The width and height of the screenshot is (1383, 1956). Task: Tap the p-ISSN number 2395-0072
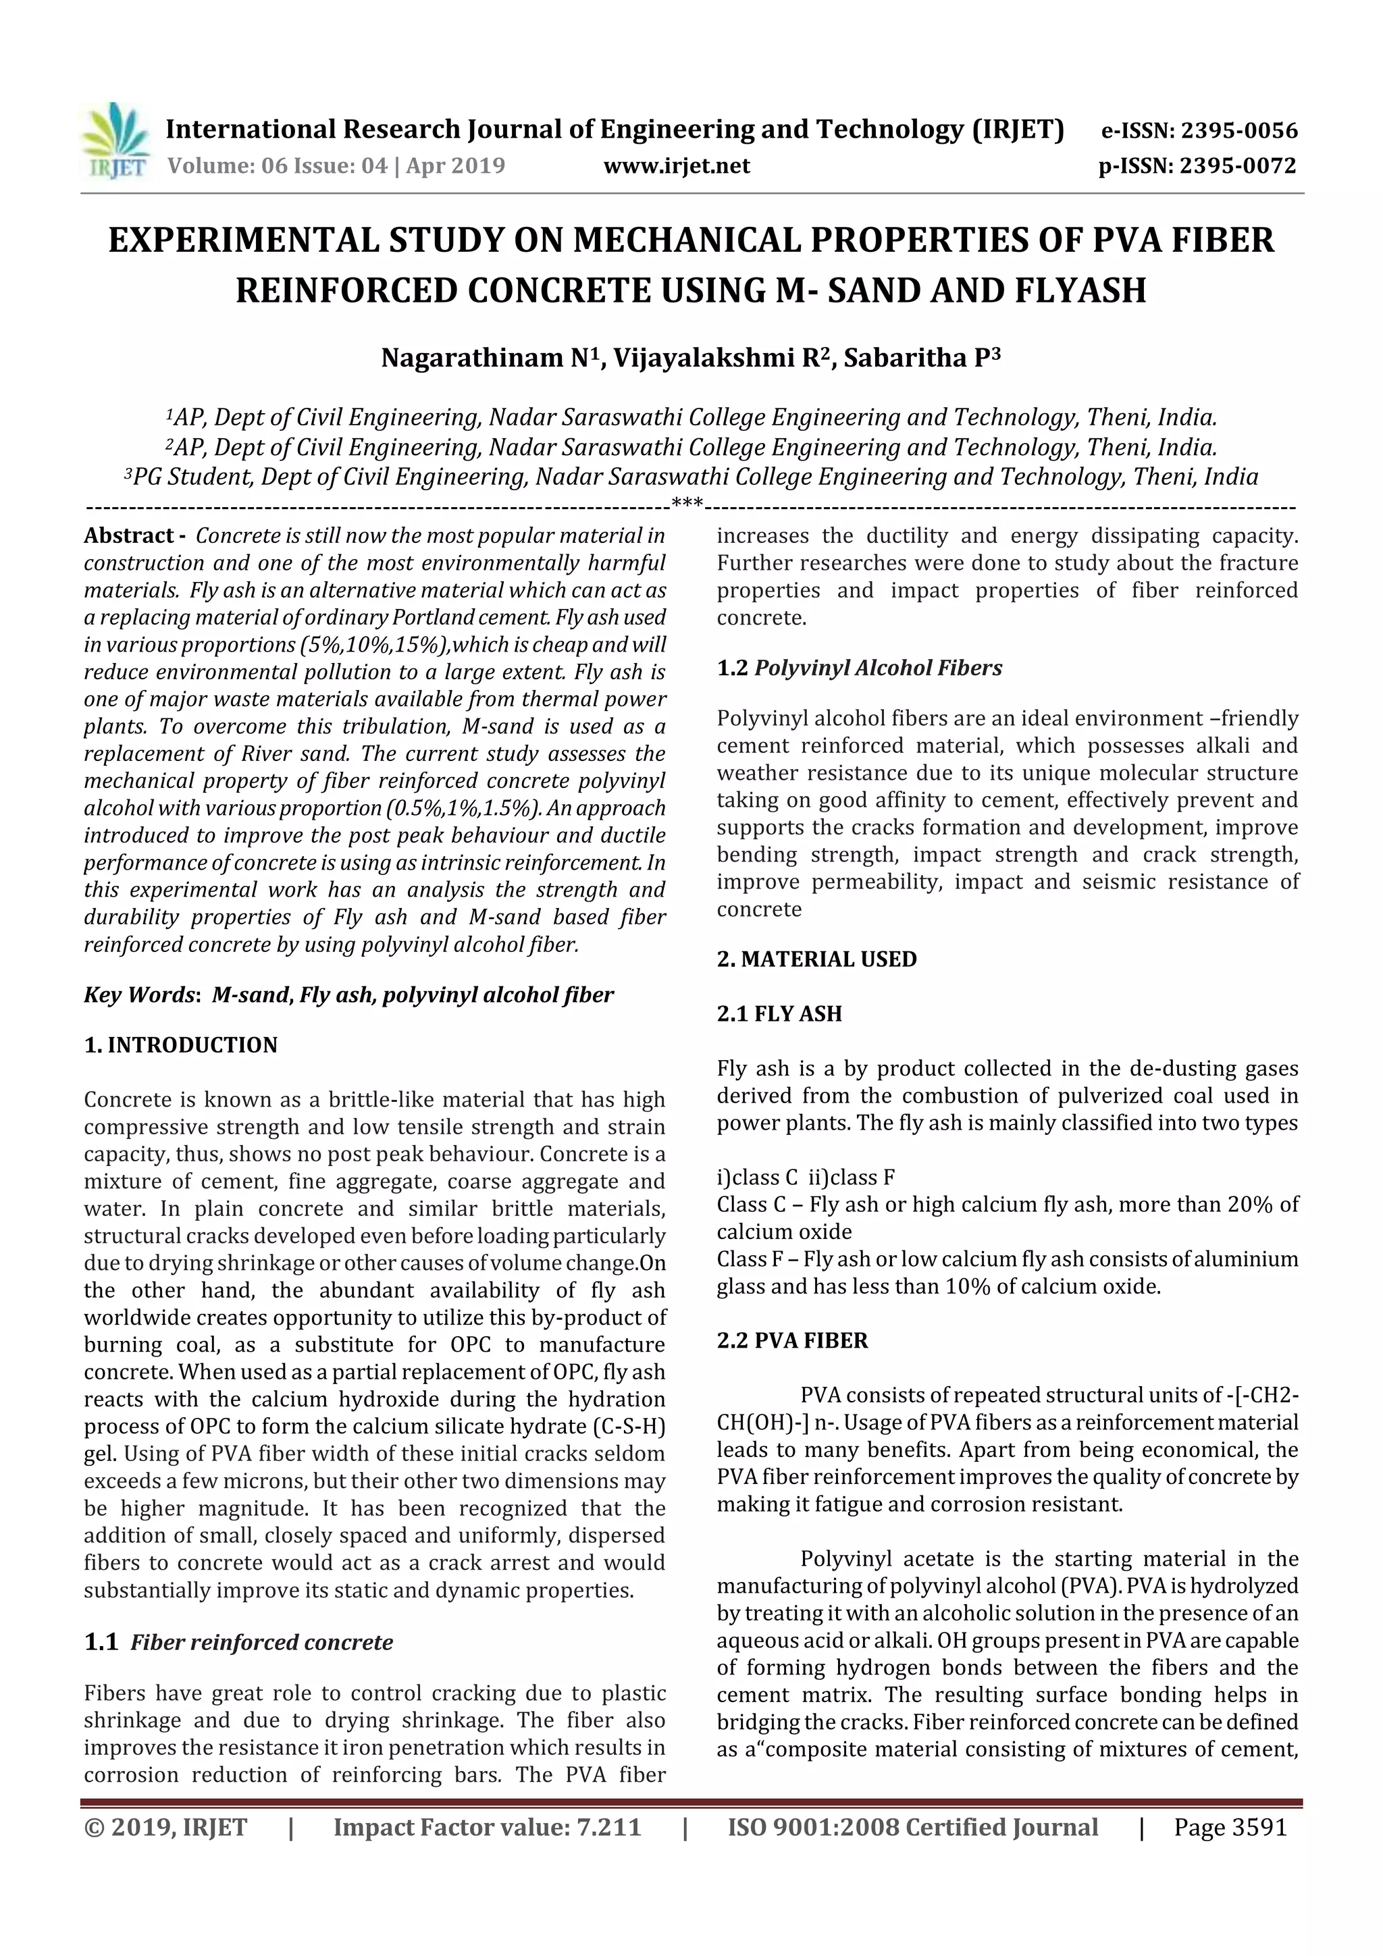coord(1237,166)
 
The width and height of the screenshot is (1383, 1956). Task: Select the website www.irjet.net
coord(677,166)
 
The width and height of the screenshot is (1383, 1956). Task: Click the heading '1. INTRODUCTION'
coord(181,1045)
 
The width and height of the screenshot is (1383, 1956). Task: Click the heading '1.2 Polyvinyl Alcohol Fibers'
coord(859,668)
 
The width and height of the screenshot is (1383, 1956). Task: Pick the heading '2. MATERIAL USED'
coord(816,959)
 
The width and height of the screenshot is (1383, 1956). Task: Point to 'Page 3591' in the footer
coord(1230,1827)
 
